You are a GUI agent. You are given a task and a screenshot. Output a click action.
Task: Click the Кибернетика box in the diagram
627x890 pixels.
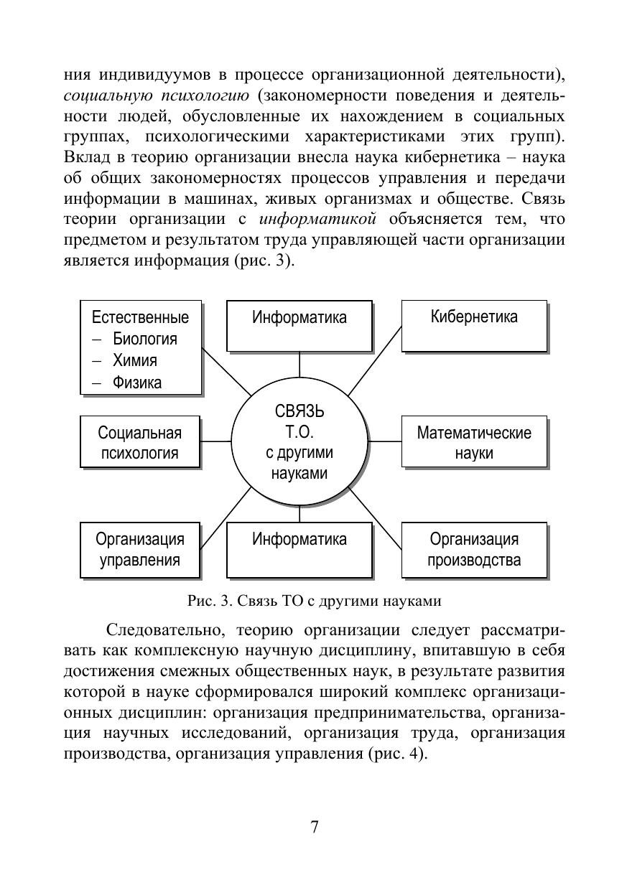coord(474,325)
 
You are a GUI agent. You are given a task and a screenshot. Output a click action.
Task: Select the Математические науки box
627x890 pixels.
coord(474,442)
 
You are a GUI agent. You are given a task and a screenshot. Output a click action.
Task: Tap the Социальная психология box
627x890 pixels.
coord(139,442)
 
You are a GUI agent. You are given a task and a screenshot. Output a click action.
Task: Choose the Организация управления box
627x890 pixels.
coord(139,549)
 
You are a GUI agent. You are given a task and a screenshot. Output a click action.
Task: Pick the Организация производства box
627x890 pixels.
coord(474,549)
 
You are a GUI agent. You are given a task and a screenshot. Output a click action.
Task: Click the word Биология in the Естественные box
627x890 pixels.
coord(144,339)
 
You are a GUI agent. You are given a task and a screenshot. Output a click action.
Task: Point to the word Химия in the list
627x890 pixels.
coord(134,360)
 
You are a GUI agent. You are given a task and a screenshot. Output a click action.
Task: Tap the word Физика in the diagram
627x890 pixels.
coord(136,382)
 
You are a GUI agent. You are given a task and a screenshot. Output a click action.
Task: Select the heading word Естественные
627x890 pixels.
coord(141,317)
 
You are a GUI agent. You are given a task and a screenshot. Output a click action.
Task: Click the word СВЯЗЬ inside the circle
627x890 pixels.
coord(299,411)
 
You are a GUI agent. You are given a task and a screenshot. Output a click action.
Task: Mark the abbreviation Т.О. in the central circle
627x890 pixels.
coord(299,432)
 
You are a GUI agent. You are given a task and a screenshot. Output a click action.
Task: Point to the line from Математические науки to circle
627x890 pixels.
coord(385,442)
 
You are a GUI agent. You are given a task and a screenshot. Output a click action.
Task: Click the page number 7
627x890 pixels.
coord(314,826)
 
